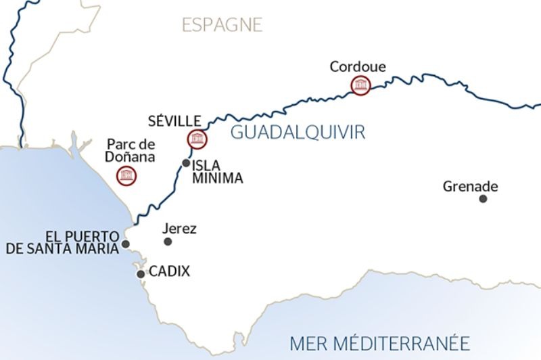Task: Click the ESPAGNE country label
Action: point(221,25)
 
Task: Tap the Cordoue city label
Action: point(358,66)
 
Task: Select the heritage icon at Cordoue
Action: point(360,85)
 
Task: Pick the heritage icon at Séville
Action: point(197,139)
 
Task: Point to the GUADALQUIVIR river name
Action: point(298,132)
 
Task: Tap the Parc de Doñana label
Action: point(131,150)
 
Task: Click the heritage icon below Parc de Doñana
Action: point(126,176)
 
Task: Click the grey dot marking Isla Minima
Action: point(186,163)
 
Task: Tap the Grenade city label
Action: point(471,186)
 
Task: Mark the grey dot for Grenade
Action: point(483,198)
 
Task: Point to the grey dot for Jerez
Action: point(168,242)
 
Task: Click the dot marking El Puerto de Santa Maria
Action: point(125,244)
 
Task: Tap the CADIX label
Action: point(169,272)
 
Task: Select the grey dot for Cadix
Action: point(141,274)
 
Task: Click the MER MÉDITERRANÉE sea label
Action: point(379,342)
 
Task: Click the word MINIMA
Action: point(216,178)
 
